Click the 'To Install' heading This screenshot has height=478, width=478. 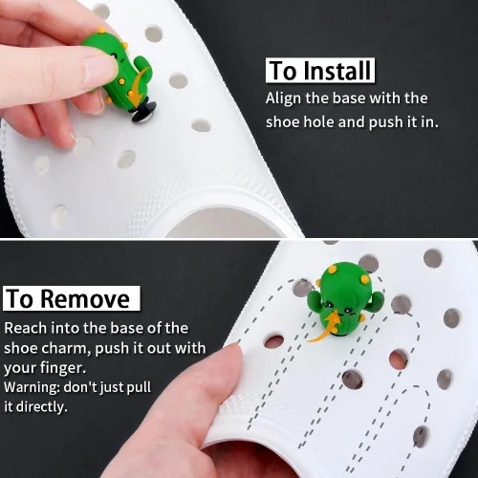(320, 71)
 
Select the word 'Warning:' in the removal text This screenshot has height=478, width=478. (32, 387)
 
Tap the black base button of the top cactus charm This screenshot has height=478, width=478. (144, 113)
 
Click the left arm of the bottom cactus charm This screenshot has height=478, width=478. (314, 302)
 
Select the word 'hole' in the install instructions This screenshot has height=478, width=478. (318, 122)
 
